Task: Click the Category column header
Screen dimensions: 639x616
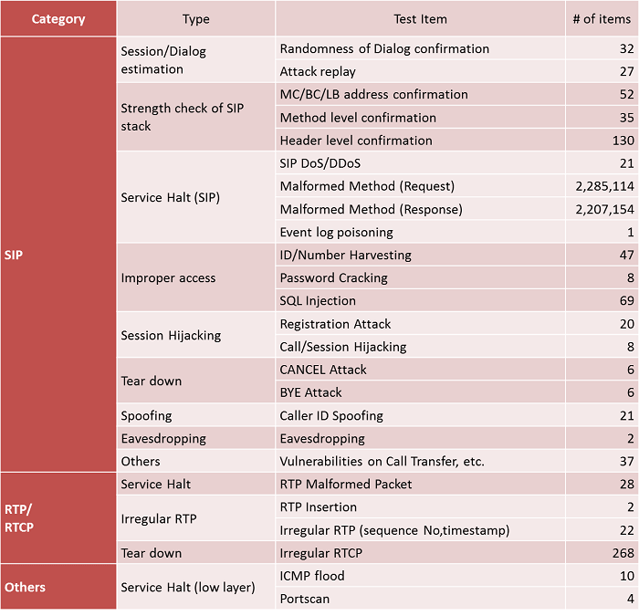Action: point(58,19)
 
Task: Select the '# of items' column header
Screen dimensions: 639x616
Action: point(602,19)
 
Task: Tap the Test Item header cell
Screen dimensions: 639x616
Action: point(420,19)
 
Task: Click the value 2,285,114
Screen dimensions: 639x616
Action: point(604,186)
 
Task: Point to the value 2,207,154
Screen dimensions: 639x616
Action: point(604,209)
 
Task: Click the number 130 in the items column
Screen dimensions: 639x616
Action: point(623,141)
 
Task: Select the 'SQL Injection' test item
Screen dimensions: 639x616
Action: point(318,300)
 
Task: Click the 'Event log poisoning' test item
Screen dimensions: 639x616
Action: point(336,232)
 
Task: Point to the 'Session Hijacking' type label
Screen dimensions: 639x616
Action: point(171,335)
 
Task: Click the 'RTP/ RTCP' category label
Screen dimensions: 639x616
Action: point(19,518)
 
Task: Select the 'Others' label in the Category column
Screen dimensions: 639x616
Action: point(25,587)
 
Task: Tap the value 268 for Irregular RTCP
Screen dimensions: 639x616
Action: point(623,553)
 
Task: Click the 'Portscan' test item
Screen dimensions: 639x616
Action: point(304,599)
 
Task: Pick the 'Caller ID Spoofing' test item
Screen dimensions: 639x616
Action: point(331,415)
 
